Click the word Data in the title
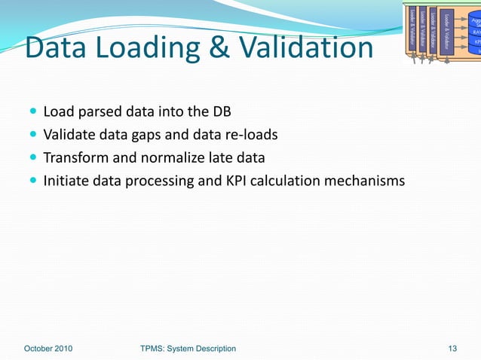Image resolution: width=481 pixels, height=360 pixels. click(56, 48)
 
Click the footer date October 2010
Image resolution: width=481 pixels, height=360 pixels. click(48, 348)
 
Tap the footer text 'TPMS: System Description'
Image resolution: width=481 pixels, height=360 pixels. click(188, 348)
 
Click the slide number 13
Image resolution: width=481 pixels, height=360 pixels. click(452, 348)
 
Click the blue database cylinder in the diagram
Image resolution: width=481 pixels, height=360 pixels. click(474, 30)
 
